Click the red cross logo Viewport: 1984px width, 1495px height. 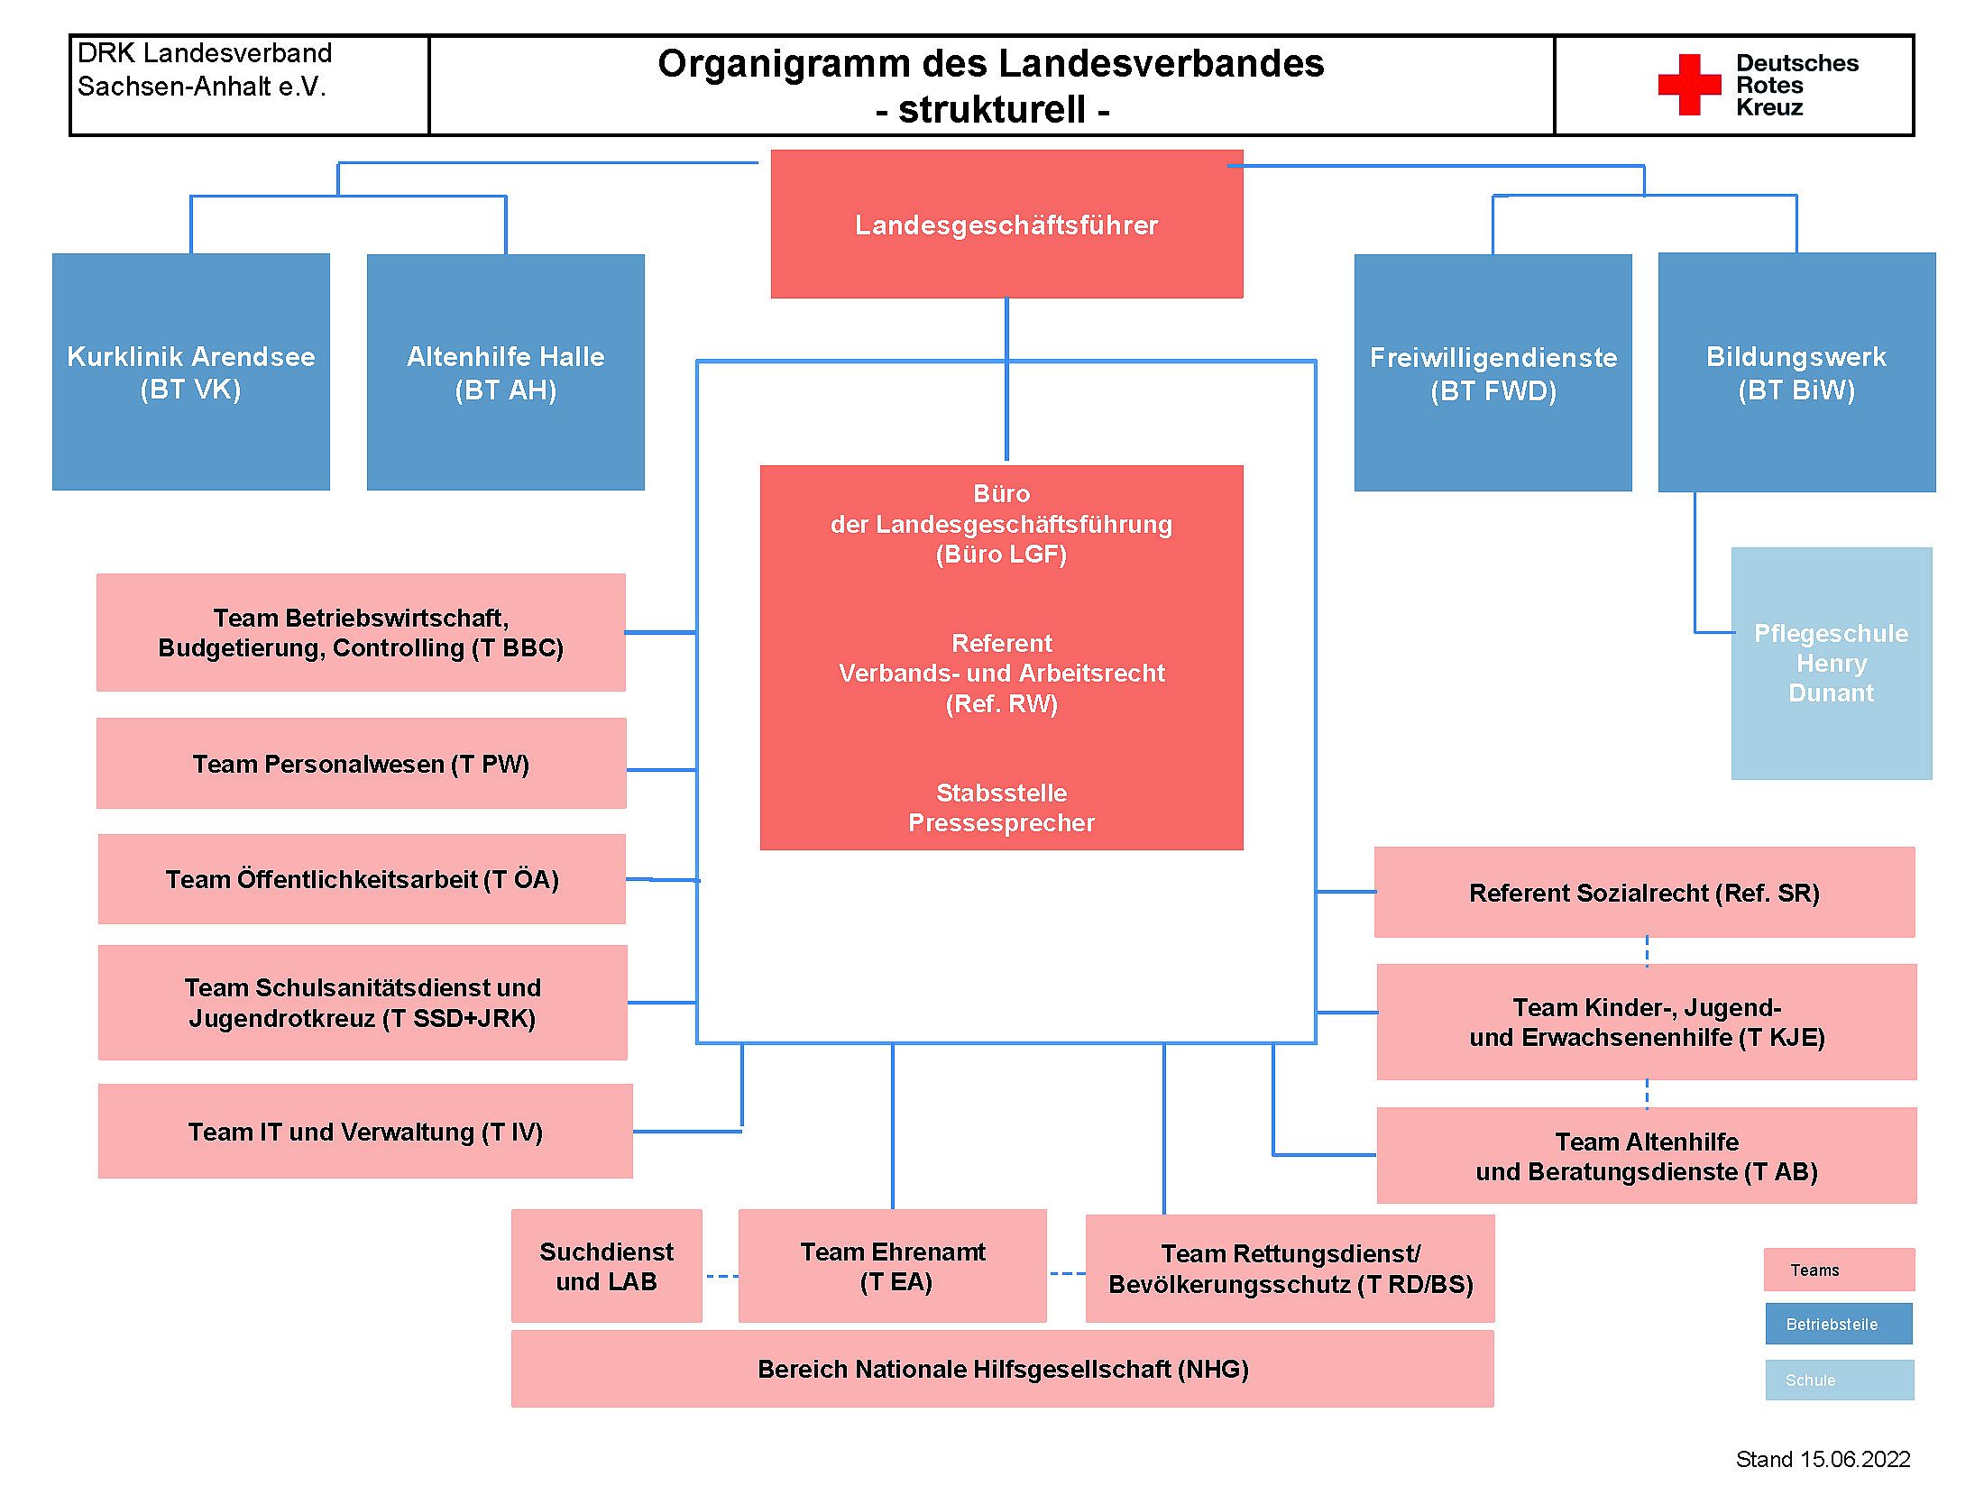1689,85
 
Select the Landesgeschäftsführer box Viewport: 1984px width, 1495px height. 1006,224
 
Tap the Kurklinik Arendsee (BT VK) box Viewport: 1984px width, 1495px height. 191,371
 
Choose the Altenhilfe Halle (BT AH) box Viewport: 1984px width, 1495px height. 506,372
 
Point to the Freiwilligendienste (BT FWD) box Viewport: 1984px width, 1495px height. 1493,372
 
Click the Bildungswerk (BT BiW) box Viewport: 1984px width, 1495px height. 1797,372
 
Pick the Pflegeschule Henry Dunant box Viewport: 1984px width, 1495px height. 1832,664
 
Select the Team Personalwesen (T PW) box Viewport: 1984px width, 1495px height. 362,764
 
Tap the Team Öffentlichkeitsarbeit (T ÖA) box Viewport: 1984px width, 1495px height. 362,879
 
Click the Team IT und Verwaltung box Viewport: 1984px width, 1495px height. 365,1132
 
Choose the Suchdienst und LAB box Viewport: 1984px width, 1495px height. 607,1266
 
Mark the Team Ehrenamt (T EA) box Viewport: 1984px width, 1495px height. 893,1266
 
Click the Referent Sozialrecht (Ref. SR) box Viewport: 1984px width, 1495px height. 1645,893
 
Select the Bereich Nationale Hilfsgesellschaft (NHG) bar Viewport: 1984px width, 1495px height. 1003,1369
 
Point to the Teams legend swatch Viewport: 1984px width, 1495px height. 1840,1270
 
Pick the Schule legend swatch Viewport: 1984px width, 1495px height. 1840,1380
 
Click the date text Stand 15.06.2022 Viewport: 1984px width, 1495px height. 1823,1459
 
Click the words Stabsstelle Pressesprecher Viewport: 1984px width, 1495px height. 1002,808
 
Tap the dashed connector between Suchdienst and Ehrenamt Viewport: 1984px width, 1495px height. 721,1276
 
